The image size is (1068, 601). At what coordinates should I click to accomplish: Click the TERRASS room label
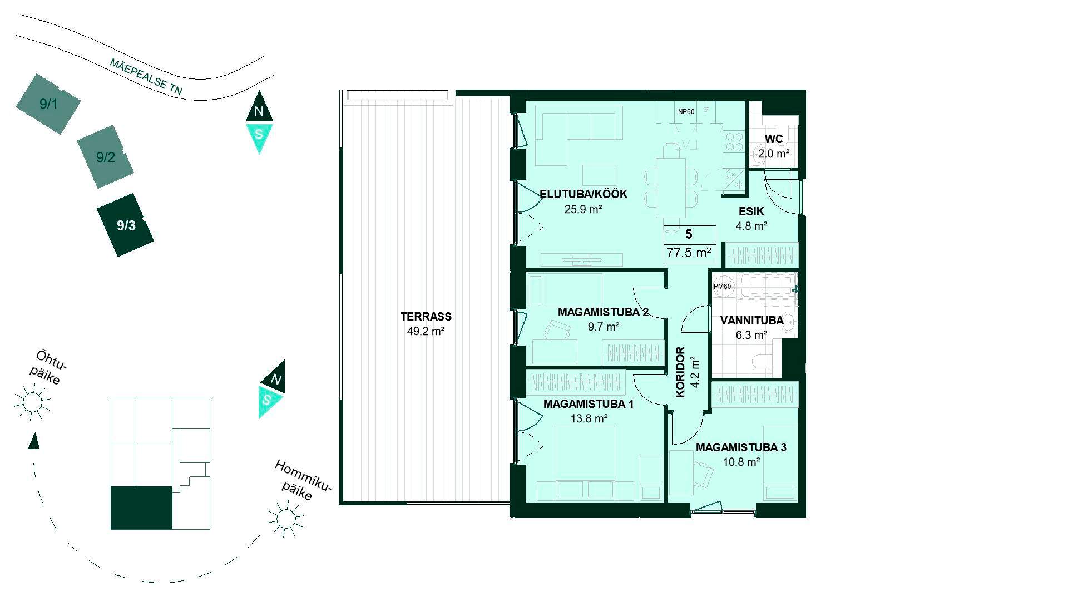[x=426, y=317]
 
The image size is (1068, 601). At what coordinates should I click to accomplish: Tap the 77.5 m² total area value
[x=689, y=253]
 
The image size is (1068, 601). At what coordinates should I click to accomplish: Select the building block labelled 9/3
[x=126, y=225]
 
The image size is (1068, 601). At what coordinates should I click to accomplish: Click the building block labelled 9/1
[x=48, y=104]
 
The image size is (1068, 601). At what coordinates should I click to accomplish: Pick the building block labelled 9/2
[x=105, y=157]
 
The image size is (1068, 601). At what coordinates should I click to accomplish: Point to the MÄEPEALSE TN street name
[x=146, y=77]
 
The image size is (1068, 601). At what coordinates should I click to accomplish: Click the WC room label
[x=774, y=139]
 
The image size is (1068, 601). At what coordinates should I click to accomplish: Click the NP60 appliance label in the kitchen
[x=686, y=112]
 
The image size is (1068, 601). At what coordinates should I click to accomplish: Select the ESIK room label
[x=751, y=211]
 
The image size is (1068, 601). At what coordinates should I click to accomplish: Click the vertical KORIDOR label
[x=680, y=372]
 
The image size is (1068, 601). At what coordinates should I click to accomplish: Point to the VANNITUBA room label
[x=751, y=321]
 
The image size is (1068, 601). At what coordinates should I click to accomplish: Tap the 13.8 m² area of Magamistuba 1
[x=589, y=418]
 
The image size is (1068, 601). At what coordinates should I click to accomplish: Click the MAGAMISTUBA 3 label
[x=741, y=447]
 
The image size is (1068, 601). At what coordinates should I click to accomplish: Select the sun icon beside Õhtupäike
[x=32, y=401]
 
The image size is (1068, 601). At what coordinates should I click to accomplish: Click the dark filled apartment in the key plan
[x=141, y=508]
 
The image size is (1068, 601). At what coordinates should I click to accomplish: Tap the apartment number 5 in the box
[x=689, y=234]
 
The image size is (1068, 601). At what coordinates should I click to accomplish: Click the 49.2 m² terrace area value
[x=426, y=332]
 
